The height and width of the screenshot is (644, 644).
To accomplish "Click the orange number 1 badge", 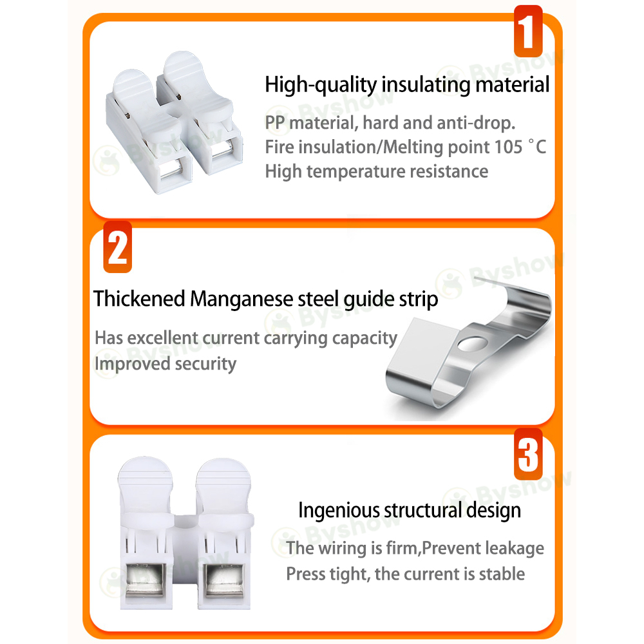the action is (x=528, y=31).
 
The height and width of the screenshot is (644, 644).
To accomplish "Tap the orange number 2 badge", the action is (x=117, y=247).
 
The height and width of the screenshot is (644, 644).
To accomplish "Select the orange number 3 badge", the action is (x=528, y=454).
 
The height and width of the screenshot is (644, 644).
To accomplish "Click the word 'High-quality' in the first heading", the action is (x=321, y=84).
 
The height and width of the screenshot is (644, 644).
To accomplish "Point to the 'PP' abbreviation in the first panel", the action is (x=275, y=123).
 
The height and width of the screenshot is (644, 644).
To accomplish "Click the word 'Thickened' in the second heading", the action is (x=139, y=299).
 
